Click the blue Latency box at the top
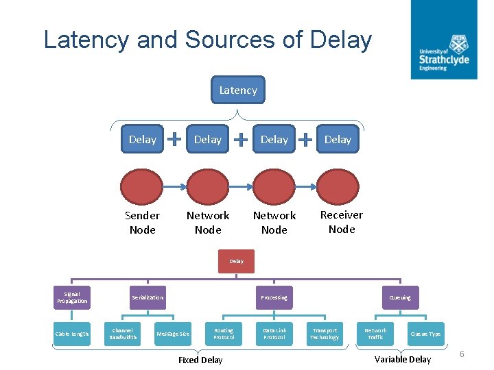pos(237,90)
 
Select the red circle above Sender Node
pos(142,186)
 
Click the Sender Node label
pos(142,222)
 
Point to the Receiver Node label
pos(341,222)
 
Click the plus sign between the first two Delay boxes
pos(175,139)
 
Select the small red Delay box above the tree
pos(236,260)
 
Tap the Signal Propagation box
pos(72,297)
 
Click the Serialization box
pos(148,297)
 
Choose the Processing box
pos(274,297)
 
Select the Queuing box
pos(400,297)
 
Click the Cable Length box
pos(72,334)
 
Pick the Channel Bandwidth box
pos(123,334)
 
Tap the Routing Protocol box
pos(224,334)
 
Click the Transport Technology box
pos(324,334)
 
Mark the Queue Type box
pos(425,334)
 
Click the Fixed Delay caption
pos(200,360)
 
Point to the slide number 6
pos(462,354)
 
